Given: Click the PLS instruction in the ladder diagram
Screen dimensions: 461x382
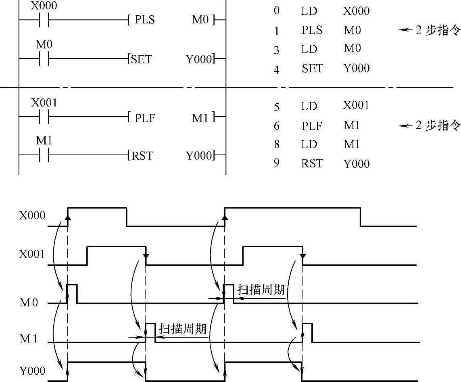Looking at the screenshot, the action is (145, 20).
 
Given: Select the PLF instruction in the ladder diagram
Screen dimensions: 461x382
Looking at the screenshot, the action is (145, 118).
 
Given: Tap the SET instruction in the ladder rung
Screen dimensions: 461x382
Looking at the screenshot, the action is (141, 60).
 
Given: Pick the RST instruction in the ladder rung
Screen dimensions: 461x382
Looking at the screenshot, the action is (142, 155).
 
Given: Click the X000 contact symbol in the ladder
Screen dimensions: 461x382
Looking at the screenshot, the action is (44, 20).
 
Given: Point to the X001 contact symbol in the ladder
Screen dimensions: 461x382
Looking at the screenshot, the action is (44, 118).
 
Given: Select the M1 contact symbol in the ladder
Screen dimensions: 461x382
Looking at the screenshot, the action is (44, 156).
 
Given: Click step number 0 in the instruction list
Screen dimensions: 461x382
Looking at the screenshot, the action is (276, 10).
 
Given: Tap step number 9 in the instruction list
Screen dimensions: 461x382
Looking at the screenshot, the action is (276, 163).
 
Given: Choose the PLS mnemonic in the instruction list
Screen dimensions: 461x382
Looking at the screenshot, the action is (312, 30).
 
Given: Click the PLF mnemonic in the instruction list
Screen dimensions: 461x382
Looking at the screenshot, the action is (312, 126).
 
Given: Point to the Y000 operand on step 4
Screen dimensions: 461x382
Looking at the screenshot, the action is (357, 69).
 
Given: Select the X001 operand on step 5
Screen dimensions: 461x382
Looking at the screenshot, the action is (356, 106).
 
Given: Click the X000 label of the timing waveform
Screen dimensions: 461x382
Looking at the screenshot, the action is (32, 215).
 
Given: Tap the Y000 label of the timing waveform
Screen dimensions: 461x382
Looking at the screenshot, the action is (32, 371).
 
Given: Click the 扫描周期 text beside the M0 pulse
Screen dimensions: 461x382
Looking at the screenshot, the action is (261, 290).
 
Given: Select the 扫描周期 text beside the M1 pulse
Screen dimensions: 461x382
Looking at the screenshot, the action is (183, 328).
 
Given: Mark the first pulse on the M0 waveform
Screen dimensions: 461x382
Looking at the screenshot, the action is (72, 293).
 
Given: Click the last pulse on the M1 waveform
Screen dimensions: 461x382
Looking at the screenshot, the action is (307, 332).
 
